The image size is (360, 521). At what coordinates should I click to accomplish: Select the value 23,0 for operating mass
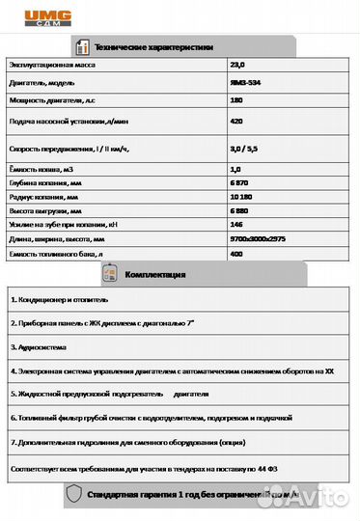[x=236, y=66]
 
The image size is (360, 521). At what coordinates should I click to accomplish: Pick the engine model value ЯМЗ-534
[x=244, y=84]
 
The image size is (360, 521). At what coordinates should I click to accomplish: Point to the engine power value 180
[x=236, y=101]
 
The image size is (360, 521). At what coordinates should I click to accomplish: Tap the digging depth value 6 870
[x=240, y=183]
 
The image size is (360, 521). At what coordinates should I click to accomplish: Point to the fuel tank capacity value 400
[x=236, y=253]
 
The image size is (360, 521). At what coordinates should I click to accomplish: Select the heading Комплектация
[x=153, y=275]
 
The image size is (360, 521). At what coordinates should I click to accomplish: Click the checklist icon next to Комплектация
[x=109, y=275]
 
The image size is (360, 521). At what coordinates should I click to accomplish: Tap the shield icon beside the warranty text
[x=73, y=495]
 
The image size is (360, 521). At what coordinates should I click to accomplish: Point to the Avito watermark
[x=309, y=496]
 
